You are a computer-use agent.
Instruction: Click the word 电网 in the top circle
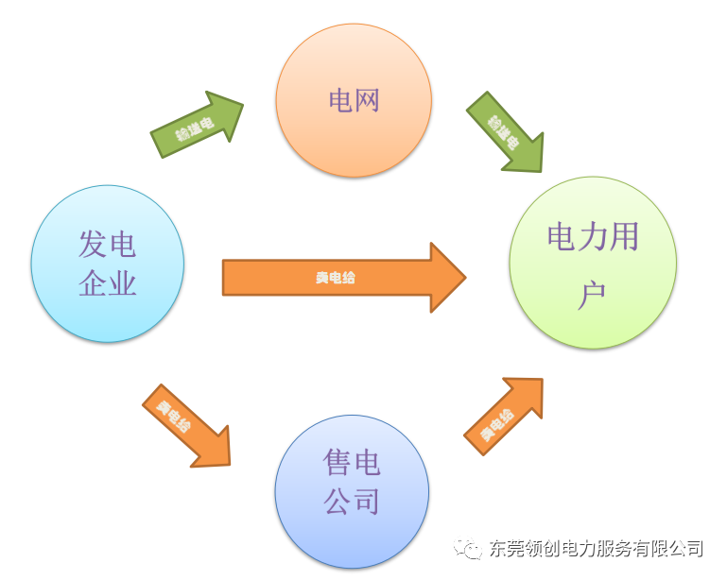click(354, 100)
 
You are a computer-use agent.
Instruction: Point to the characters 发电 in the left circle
click(107, 245)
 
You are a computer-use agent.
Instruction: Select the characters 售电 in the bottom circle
click(352, 463)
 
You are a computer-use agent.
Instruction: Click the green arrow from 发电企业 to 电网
click(198, 124)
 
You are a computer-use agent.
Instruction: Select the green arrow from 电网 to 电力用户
click(506, 133)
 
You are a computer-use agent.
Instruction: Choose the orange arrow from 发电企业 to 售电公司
click(187, 425)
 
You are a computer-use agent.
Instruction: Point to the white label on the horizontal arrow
click(336, 278)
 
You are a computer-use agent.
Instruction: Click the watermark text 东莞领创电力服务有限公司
click(596, 549)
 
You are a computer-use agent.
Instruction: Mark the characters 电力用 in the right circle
click(593, 236)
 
